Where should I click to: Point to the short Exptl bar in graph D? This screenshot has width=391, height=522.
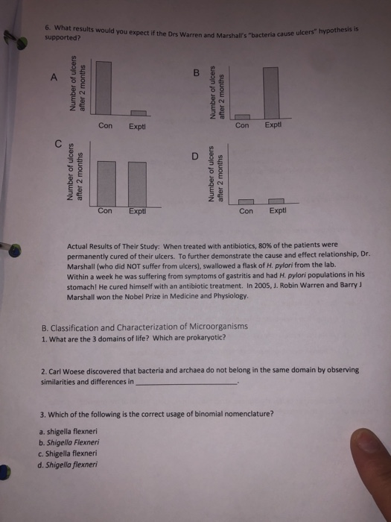click(276, 201)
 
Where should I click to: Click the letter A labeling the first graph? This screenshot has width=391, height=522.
click(52, 78)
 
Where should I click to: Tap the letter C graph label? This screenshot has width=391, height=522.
click(56, 143)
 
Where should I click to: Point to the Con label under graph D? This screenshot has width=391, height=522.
click(247, 211)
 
